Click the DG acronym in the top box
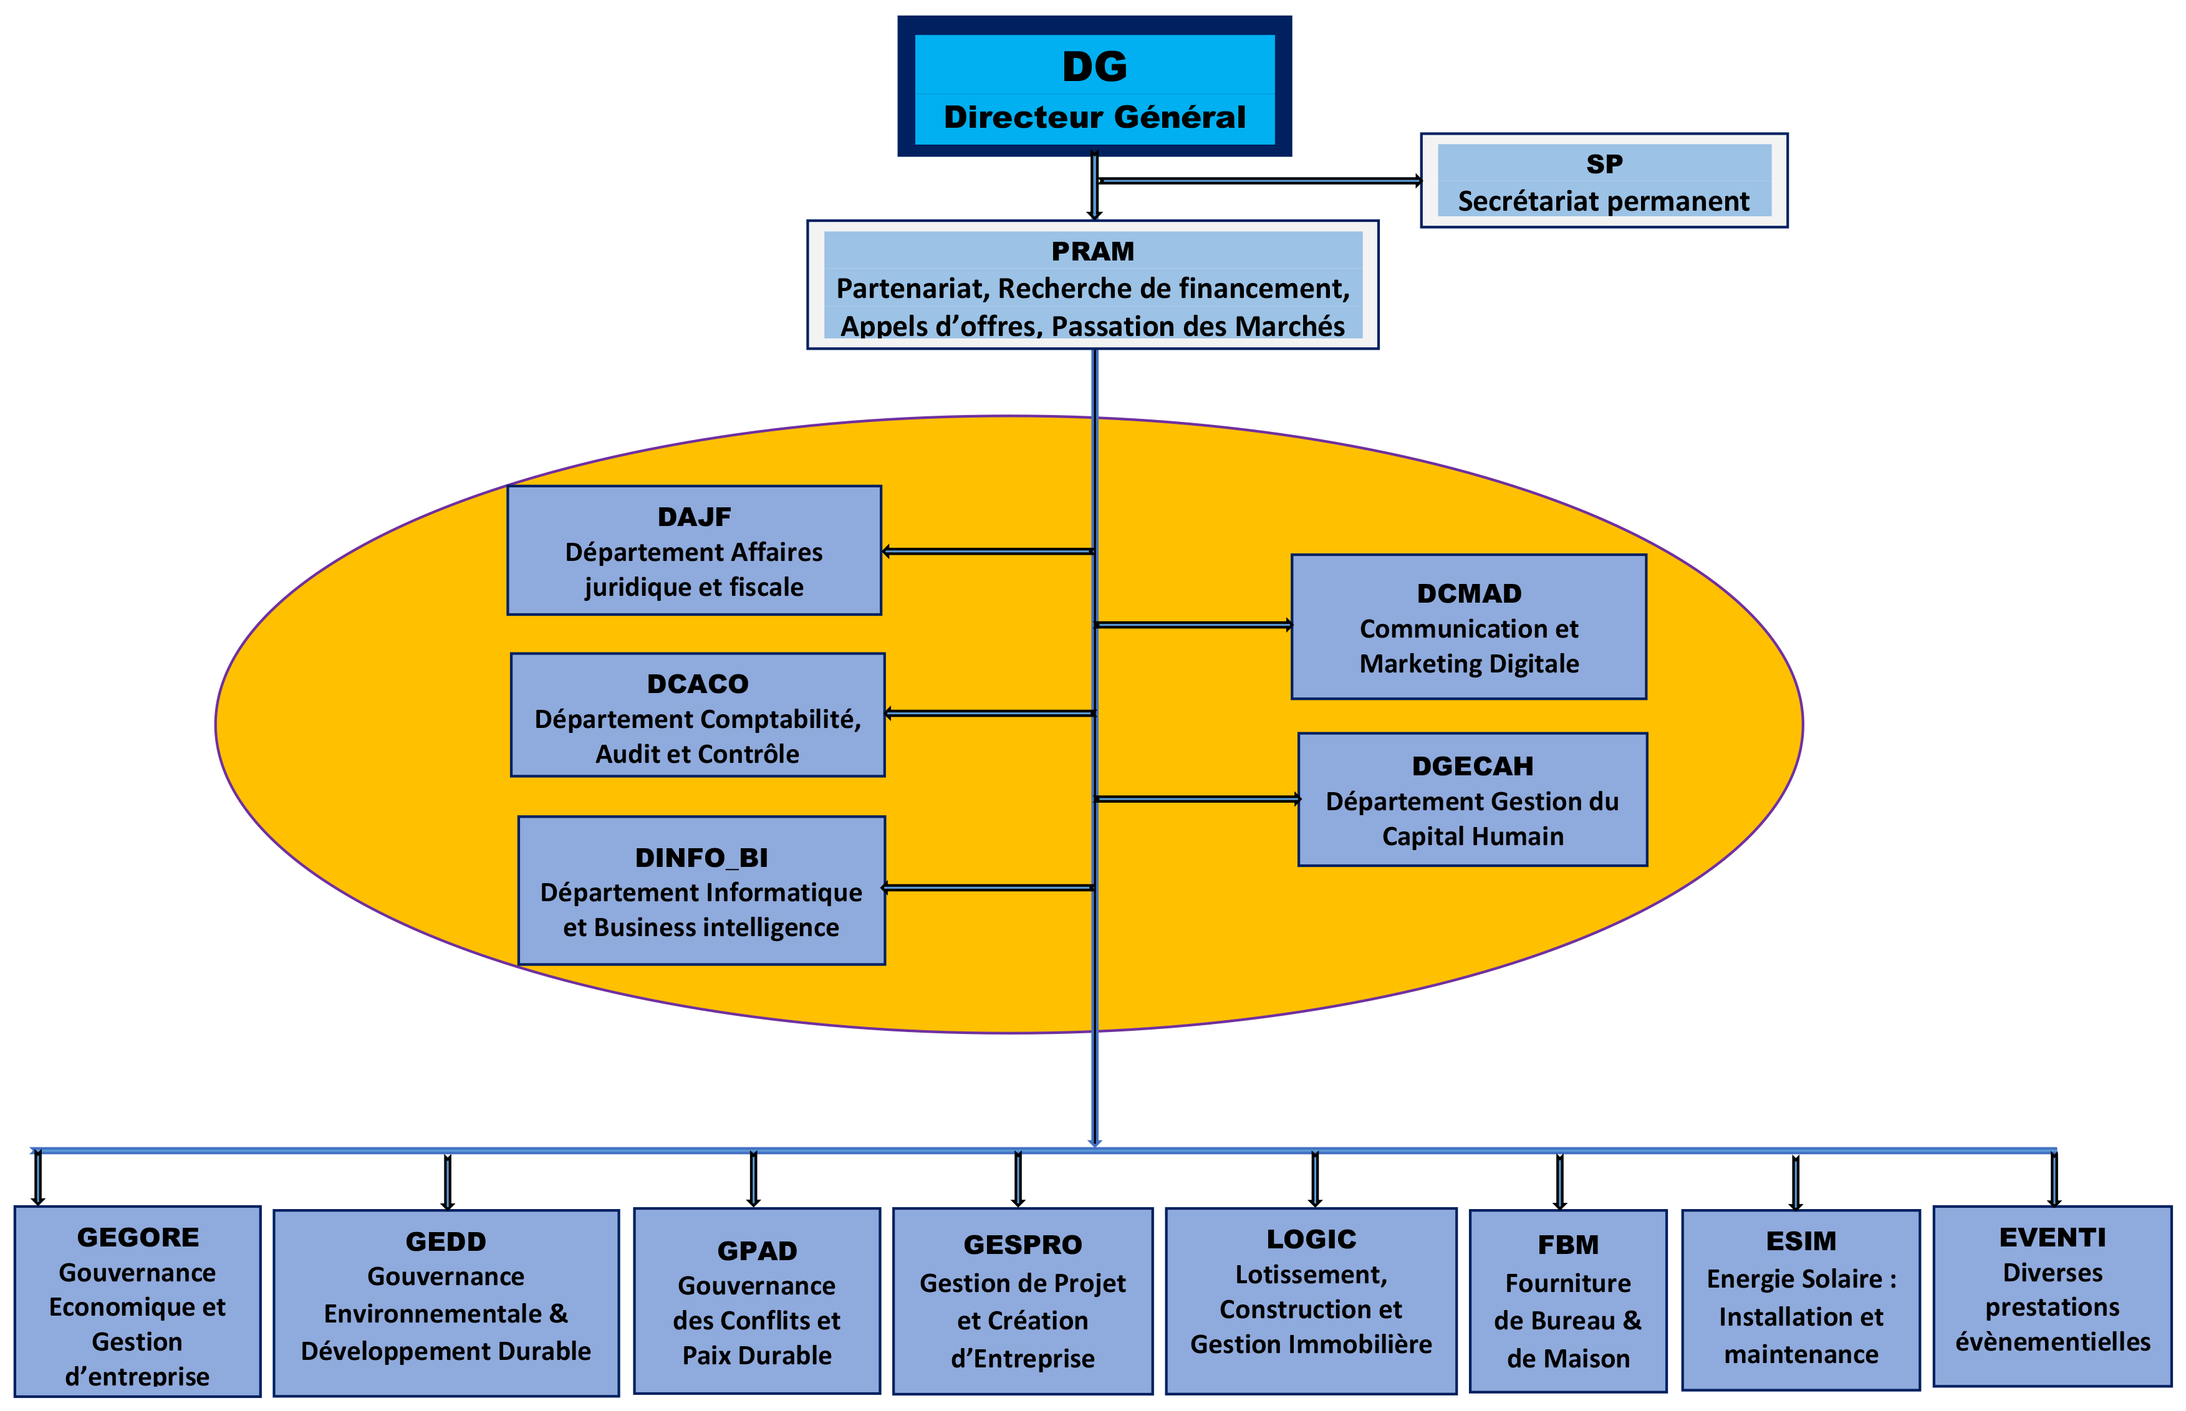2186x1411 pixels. click(1094, 67)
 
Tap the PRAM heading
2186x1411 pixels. click(1092, 251)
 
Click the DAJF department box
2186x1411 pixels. click(694, 551)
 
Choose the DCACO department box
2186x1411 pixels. click(698, 715)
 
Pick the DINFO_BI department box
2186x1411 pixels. click(701, 891)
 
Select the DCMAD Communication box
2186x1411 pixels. click(1468, 627)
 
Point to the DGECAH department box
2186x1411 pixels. click(1472, 800)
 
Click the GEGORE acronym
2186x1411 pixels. click(138, 1238)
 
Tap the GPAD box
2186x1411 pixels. click(756, 1301)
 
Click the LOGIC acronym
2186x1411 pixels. click(1311, 1240)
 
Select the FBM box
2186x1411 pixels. click(1567, 1301)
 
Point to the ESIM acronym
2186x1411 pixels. click(1801, 1241)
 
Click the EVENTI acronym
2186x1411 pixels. click(2052, 1238)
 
